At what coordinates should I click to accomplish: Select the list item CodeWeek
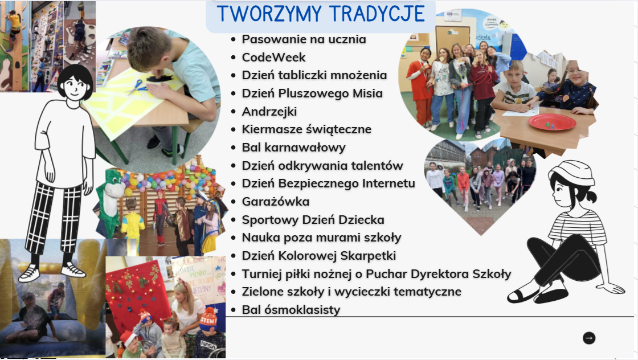[273, 58]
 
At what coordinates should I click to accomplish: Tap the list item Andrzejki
[269, 112]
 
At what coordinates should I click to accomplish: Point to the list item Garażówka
[276, 201]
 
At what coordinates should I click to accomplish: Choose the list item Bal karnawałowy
[294, 148]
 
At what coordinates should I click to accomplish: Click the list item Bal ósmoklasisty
[291, 309]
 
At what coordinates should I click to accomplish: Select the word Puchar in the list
[387, 274]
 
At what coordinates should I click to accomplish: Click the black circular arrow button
[589, 338]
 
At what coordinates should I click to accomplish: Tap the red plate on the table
[552, 122]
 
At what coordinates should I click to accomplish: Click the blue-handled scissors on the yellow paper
[137, 87]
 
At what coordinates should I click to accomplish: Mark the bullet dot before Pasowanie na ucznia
[233, 39]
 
